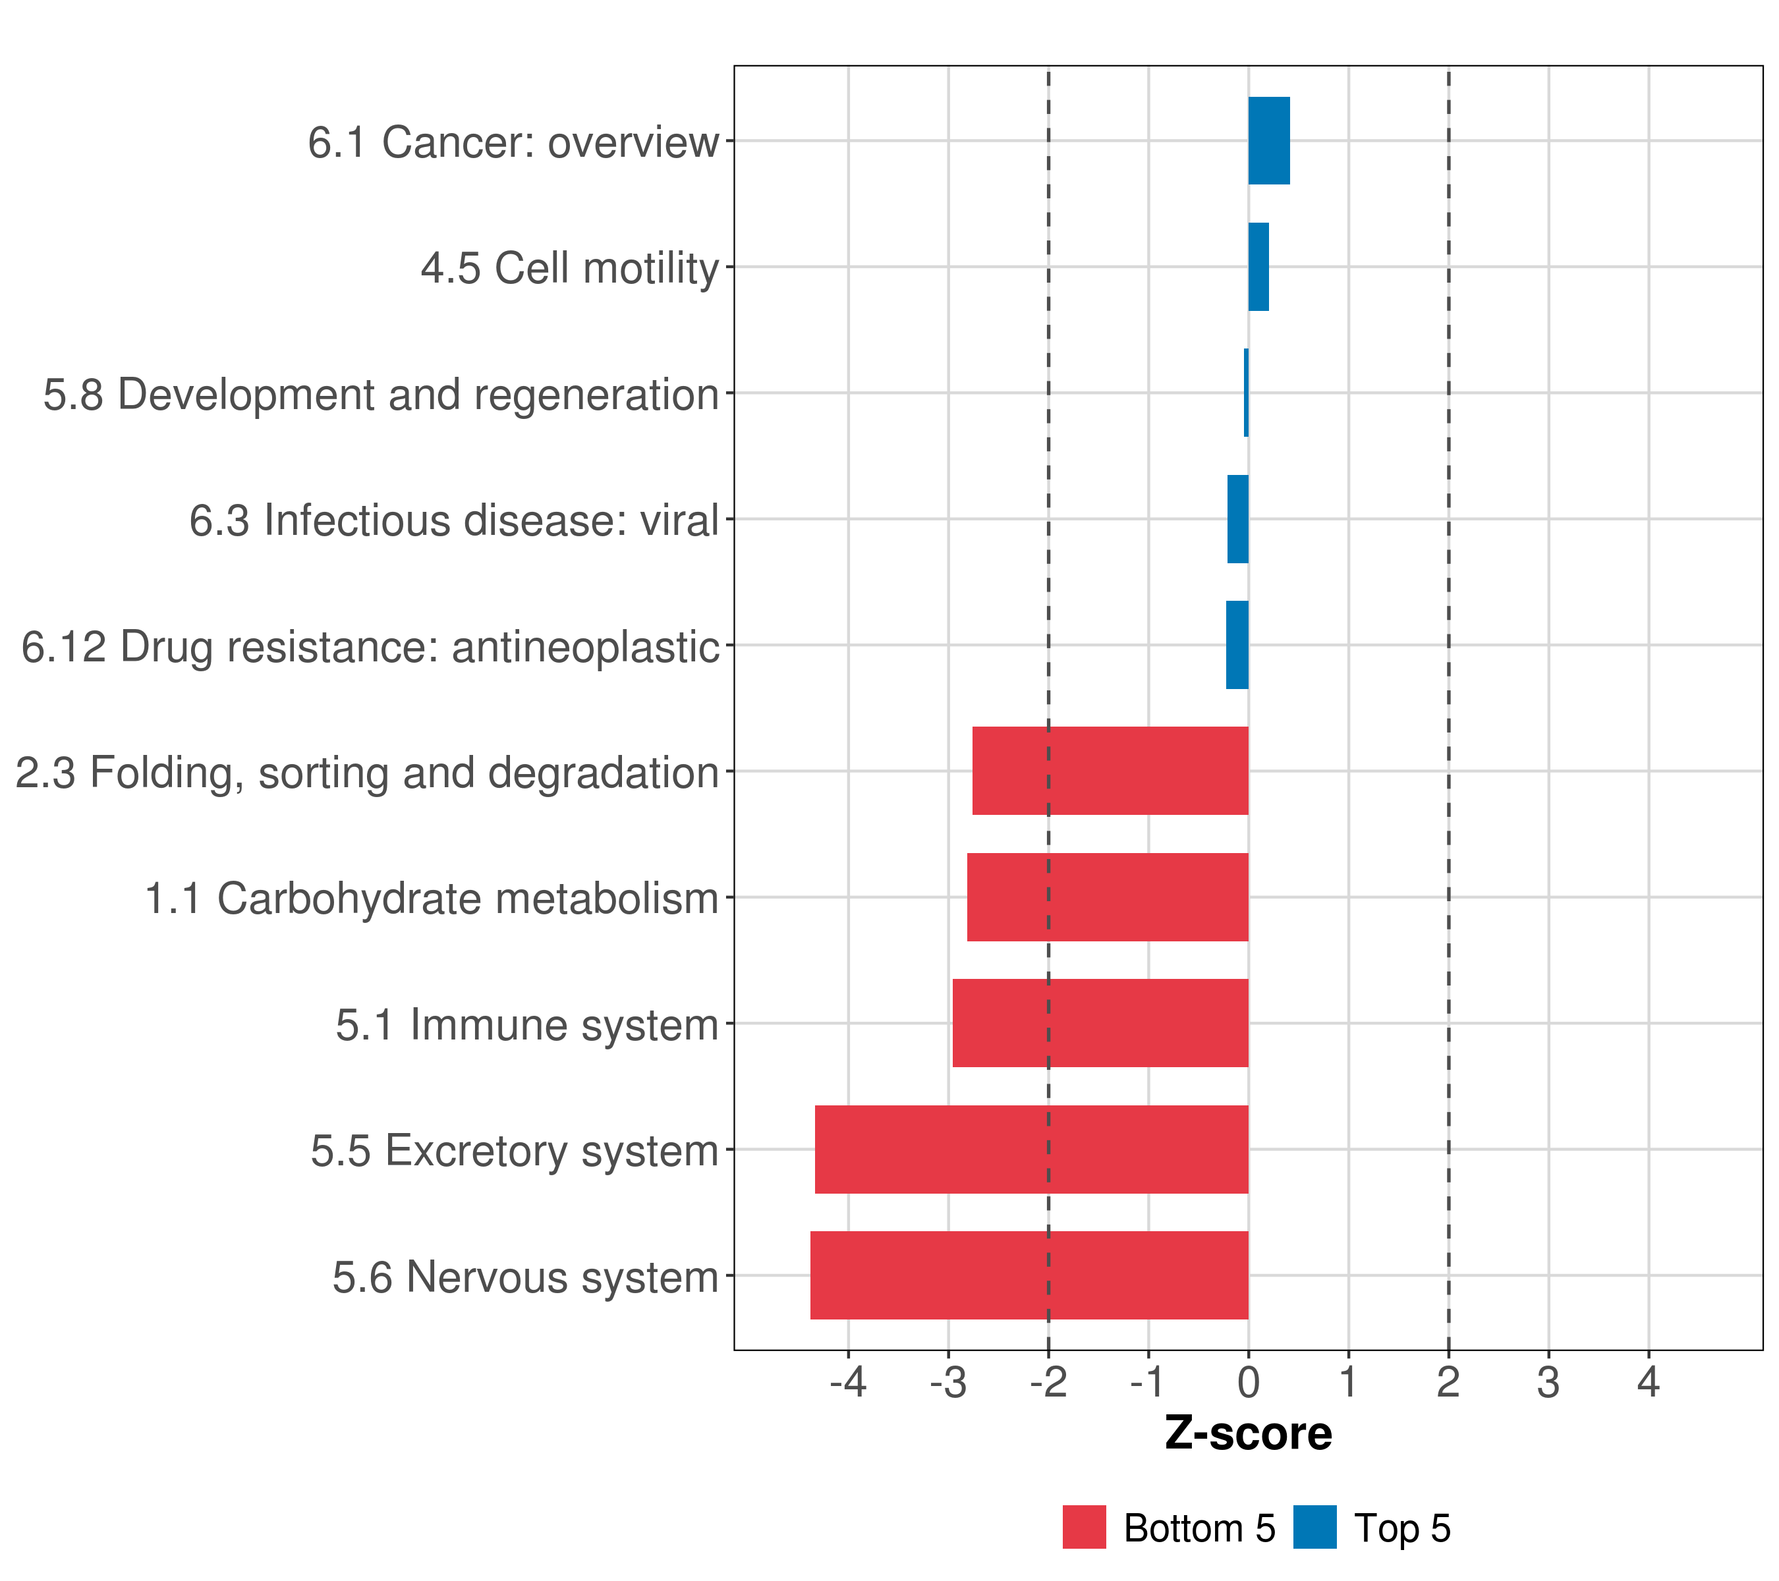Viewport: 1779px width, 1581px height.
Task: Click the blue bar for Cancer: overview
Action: (1268, 141)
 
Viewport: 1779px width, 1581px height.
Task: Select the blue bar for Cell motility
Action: (1258, 267)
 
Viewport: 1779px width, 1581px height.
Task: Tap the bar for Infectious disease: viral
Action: (1237, 520)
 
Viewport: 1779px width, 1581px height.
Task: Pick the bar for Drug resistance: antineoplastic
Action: (1237, 645)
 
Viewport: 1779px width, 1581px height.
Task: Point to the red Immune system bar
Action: (1100, 1023)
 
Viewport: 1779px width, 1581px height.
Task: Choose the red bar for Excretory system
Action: (1031, 1150)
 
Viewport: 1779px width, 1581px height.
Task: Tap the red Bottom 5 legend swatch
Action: (1084, 1527)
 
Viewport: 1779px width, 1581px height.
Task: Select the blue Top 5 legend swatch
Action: (1314, 1527)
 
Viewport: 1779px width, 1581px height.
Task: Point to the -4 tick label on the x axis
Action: (848, 1383)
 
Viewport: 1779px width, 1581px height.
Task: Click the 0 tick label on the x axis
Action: (1248, 1383)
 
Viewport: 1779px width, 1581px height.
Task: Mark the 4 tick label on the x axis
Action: (1648, 1383)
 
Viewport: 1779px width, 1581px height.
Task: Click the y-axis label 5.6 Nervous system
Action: (525, 1277)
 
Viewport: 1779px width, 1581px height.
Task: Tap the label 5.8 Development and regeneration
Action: (381, 395)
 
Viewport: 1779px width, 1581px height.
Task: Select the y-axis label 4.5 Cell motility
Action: (570, 268)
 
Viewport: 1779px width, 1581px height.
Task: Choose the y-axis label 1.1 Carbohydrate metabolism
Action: (432, 899)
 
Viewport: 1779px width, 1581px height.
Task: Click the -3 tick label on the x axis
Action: (948, 1383)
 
